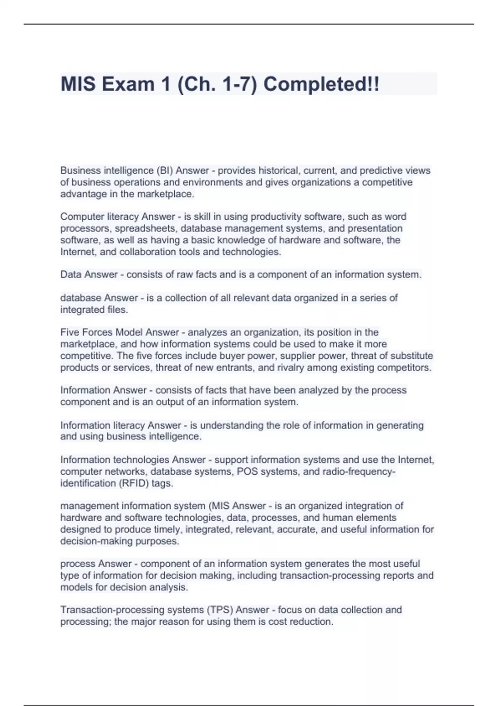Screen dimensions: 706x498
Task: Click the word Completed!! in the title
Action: point(321,84)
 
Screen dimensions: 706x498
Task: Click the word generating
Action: point(400,425)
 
